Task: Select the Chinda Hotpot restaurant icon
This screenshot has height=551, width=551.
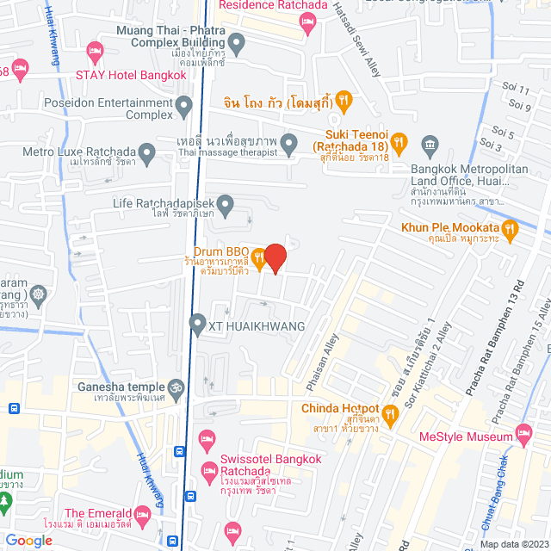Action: coord(390,418)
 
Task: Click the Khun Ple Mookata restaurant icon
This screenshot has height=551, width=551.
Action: coord(511,228)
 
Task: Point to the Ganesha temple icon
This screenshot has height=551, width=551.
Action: coord(176,387)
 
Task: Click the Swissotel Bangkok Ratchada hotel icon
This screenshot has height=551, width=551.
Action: coord(208,471)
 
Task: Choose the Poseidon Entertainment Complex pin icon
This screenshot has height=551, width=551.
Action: coord(183,108)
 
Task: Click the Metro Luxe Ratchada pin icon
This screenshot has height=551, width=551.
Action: coord(147,156)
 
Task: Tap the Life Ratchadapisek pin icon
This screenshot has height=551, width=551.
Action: coord(226,204)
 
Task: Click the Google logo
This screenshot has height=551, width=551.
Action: coord(28,540)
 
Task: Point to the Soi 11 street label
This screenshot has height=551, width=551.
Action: coord(518,90)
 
